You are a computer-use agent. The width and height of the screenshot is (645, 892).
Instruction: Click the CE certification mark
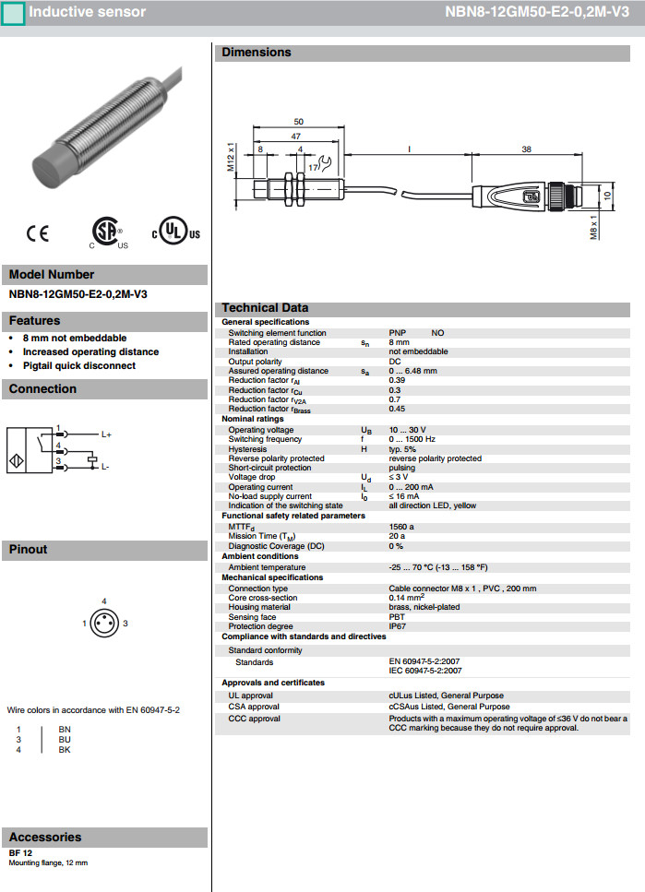(x=38, y=234)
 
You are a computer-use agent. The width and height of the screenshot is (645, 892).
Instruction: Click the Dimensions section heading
(x=256, y=53)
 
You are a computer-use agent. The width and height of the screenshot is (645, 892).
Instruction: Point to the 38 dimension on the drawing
(x=526, y=148)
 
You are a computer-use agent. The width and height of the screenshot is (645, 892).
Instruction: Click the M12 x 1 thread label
(x=231, y=160)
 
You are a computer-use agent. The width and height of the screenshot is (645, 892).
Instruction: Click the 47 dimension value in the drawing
(x=297, y=135)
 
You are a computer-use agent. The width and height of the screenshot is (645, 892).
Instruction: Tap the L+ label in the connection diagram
(x=106, y=434)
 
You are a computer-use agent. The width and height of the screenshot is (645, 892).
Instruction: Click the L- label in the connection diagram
(x=105, y=467)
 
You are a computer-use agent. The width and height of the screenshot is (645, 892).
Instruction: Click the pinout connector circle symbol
(x=104, y=624)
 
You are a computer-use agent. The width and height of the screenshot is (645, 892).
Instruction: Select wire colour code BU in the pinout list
(x=65, y=739)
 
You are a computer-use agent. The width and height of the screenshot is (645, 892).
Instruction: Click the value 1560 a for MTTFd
(x=401, y=526)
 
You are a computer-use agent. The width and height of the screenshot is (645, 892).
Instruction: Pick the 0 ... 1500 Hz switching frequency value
(x=412, y=439)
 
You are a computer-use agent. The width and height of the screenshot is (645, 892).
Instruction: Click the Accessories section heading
(x=45, y=838)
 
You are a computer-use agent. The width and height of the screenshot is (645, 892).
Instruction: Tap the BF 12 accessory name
(x=21, y=853)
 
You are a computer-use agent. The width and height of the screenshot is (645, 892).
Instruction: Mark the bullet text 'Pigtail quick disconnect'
(x=78, y=365)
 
